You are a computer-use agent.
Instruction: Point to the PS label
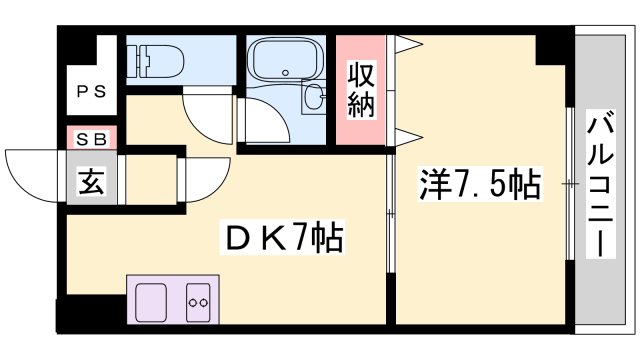click(93, 92)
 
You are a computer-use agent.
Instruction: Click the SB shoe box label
click(93, 140)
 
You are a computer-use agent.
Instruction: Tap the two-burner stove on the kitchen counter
click(197, 299)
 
